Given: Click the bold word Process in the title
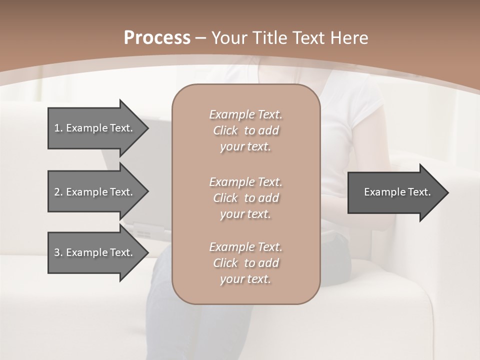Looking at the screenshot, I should [157, 38].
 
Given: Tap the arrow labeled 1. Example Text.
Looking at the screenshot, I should [95, 128].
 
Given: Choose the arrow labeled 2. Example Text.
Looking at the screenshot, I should [95, 192].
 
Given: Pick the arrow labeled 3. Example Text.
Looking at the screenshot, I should [95, 252].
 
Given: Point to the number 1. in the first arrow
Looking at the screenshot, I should [58, 128].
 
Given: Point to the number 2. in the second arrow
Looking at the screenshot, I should [58, 192].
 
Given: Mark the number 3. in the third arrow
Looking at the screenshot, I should [58, 252].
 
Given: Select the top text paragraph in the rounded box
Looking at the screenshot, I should [245, 130].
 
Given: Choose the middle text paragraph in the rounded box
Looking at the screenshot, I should [245, 198].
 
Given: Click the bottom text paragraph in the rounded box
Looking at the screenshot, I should [245, 263].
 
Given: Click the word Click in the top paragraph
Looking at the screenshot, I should [225, 130].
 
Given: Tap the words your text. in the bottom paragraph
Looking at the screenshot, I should [245, 279].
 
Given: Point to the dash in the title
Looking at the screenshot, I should [201, 38].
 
